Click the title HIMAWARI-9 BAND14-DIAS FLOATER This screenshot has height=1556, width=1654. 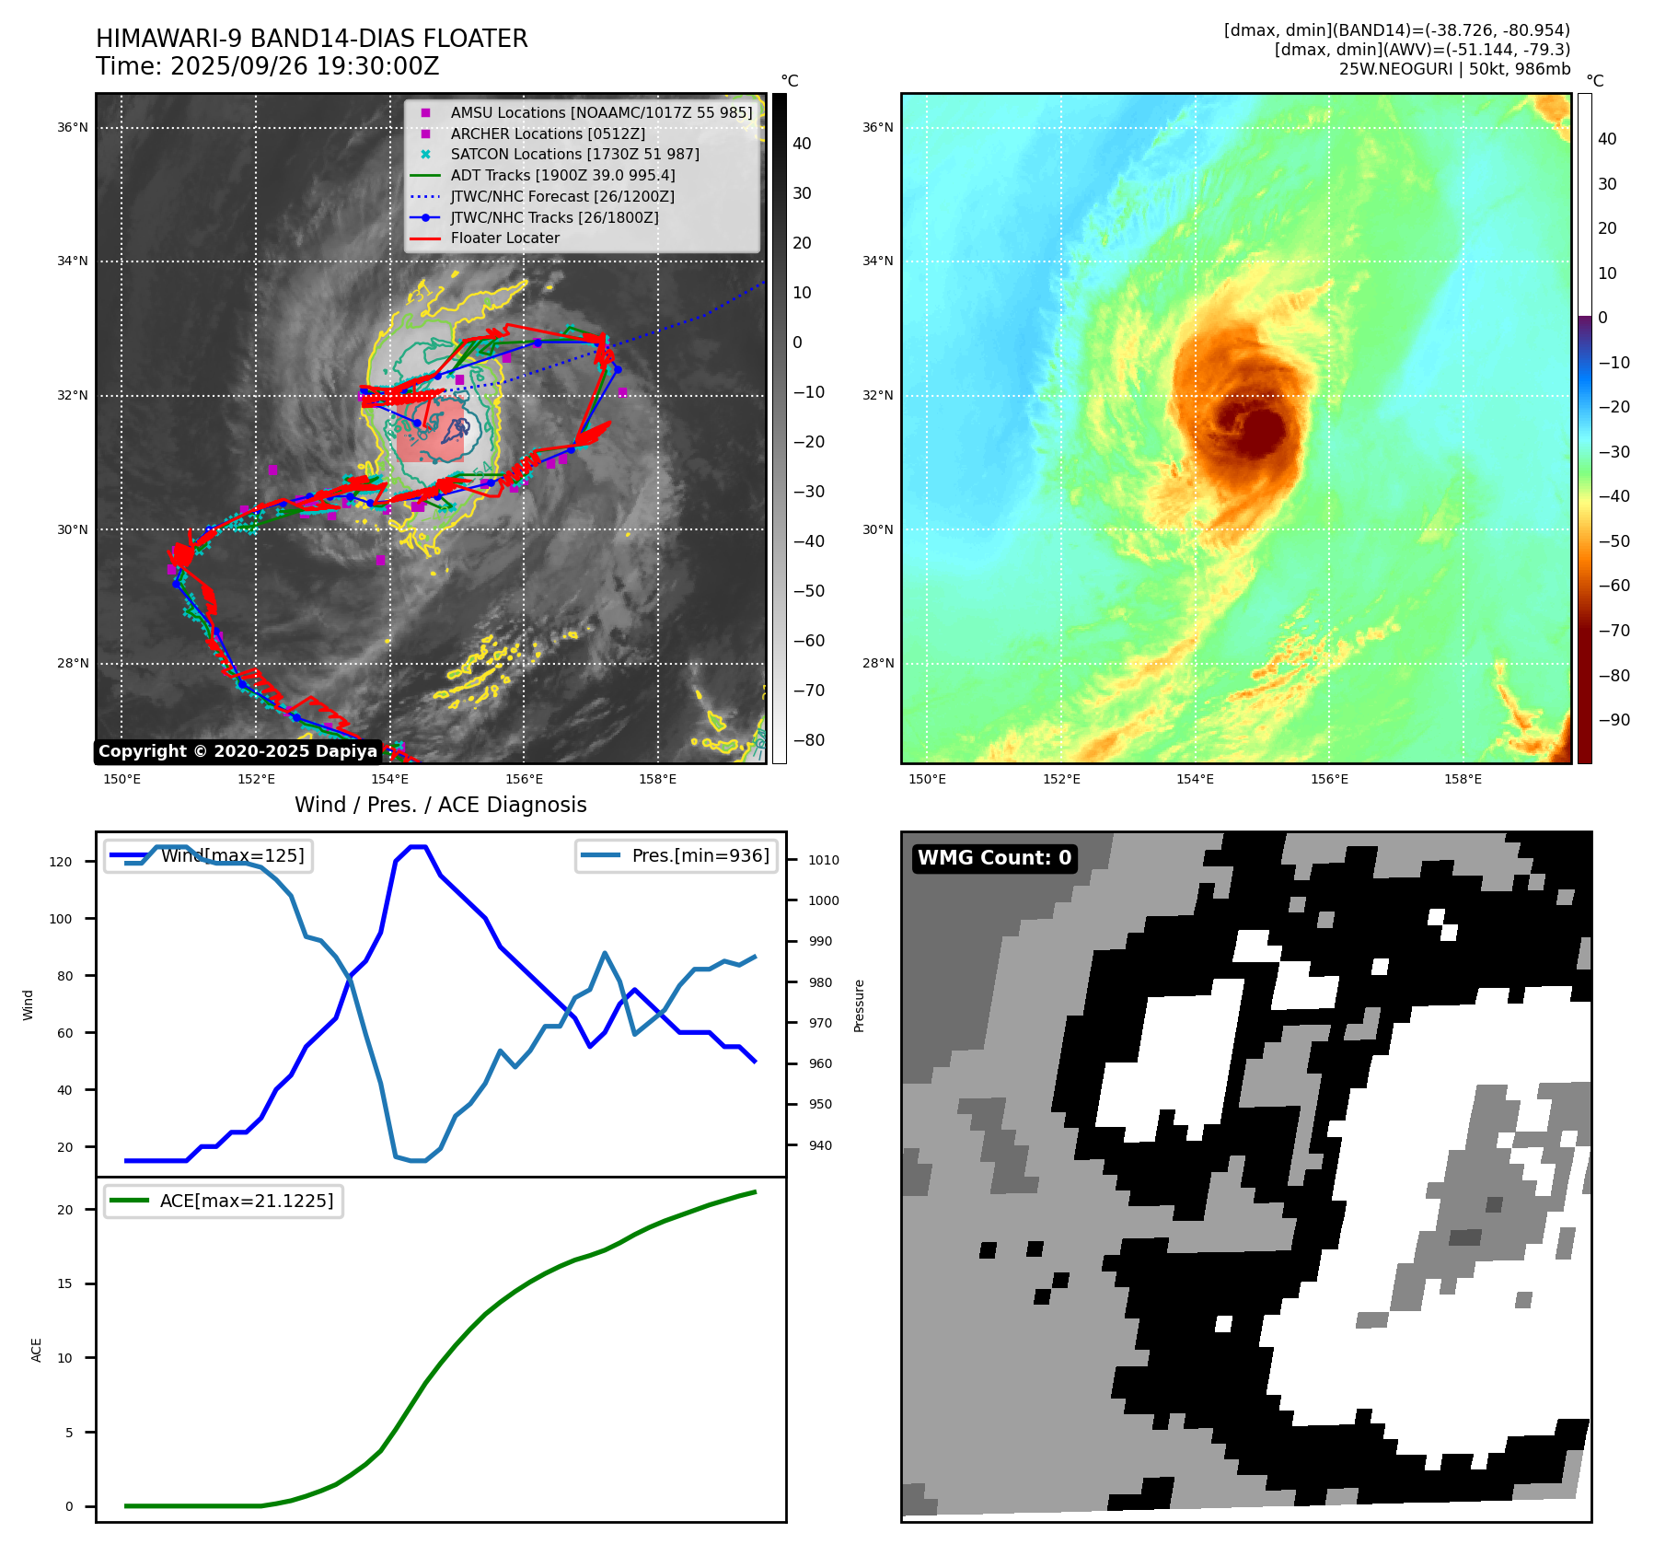(311, 39)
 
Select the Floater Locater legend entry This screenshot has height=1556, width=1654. (504, 238)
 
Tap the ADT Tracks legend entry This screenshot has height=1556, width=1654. (562, 175)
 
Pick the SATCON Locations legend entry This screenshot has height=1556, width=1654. (574, 154)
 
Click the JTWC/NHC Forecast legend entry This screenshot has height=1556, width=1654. (561, 196)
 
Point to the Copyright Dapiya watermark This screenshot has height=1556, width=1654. (237, 751)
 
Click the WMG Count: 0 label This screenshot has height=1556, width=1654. (994, 858)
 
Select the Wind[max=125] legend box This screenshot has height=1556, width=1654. (208, 855)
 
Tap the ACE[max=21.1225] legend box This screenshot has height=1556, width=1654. (224, 1201)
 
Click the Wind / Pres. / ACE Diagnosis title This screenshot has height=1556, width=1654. (440, 805)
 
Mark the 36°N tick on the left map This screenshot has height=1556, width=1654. (73, 127)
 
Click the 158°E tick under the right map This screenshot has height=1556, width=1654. (1463, 779)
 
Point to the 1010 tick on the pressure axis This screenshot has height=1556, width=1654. (824, 860)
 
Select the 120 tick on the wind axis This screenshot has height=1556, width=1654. (61, 862)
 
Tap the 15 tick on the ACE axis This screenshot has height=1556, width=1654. (64, 1283)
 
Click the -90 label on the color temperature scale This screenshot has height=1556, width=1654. (1614, 720)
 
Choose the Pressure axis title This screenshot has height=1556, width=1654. (859, 1005)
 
